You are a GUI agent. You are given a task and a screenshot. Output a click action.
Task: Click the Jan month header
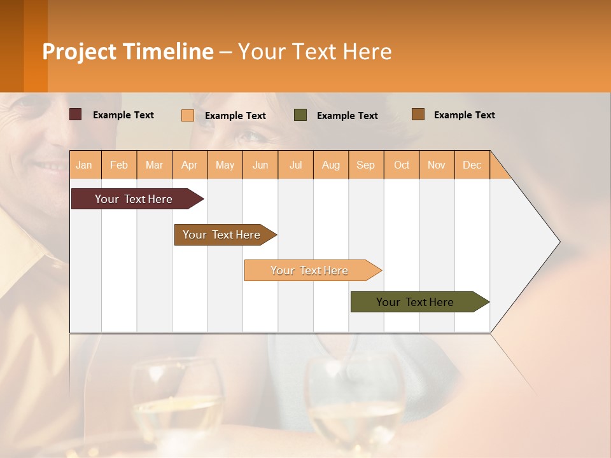click(x=84, y=165)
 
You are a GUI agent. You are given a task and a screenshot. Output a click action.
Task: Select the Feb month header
click(x=119, y=165)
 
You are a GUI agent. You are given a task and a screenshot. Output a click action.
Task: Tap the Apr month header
click(x=189, y=165)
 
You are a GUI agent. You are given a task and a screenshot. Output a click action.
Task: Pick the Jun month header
click(x=260, y=165)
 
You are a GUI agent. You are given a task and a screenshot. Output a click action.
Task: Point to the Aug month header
click(x=330, y=165)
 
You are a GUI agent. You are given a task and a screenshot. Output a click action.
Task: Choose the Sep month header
click(x=365, y=165)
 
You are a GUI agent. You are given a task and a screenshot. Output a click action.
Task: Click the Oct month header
click(x=402, y=165)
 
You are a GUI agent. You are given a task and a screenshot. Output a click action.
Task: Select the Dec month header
click(x=472, y=165)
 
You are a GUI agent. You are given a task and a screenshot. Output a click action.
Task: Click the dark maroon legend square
click(x=76, y=114)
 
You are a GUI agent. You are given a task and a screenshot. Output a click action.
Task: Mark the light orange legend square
click(x=188, y=115)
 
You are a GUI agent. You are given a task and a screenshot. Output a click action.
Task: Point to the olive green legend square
click(x=300, y=115)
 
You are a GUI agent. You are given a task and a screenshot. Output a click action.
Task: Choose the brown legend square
click(x=418, y=114)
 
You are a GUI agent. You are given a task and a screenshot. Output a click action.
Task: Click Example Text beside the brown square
click(x=464, y=115)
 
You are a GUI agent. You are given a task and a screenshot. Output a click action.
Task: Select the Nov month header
click(x=437, y=165)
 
